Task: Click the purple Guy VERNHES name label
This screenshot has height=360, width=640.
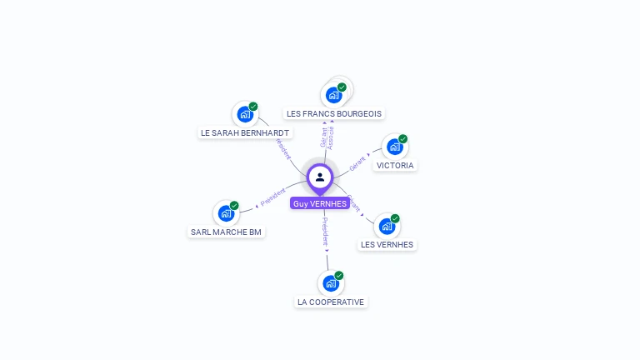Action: (320, 203)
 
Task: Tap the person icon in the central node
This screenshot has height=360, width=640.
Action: (320, 177)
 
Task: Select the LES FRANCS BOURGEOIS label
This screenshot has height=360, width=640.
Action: (333, 113)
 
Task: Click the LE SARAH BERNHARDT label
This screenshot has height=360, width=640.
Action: (245, 132)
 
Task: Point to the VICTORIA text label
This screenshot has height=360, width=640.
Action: (395, 165)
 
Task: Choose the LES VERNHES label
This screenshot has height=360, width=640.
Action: (387, 244)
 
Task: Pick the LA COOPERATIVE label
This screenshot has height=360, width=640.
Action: (331, 302)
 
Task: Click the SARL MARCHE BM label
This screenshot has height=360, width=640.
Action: (226, 232)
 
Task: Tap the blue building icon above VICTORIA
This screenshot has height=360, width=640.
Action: (394, 147)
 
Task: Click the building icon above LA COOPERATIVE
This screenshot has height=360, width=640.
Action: (330, 283)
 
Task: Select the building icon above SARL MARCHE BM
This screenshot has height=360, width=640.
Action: (225, 213)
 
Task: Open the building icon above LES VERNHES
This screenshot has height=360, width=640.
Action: (386, 226)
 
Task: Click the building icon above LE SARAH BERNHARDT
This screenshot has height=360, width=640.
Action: (244, 114)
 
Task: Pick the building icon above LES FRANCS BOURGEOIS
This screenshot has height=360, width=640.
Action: (333, 95)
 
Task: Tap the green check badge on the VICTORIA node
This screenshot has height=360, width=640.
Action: (403, 139)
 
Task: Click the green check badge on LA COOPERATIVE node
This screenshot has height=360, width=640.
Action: (339, 275)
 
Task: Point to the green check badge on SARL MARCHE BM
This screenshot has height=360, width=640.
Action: (234, 205)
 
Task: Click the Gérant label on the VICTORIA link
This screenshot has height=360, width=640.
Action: (357, 162)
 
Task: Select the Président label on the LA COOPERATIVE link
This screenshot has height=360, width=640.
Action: (325, 232)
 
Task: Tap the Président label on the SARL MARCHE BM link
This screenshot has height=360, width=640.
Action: (273, 197)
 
